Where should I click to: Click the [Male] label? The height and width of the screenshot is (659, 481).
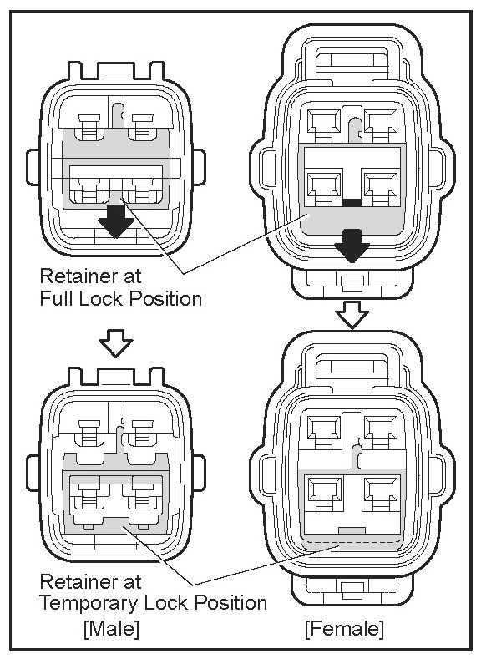pos(112,629)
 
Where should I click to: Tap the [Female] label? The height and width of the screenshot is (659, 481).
pos(345,629)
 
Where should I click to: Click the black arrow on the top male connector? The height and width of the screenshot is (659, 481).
pos(116,221)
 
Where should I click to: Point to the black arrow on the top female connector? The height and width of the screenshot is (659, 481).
pos(352,246)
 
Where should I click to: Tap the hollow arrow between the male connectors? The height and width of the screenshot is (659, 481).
pos(116,343)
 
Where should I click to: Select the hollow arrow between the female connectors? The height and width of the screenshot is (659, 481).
pos(352,314)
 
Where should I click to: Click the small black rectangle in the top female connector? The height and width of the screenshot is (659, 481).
pos(352,203)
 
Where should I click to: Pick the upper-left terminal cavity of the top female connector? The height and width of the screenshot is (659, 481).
pos(324,121)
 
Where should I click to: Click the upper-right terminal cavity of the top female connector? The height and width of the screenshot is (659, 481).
pos(381,121)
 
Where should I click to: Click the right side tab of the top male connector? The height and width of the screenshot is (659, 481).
pos(199,167)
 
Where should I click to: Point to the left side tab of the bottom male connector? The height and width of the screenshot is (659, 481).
pos(33,474)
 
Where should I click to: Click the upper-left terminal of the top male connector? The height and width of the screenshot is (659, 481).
pos(90,126)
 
